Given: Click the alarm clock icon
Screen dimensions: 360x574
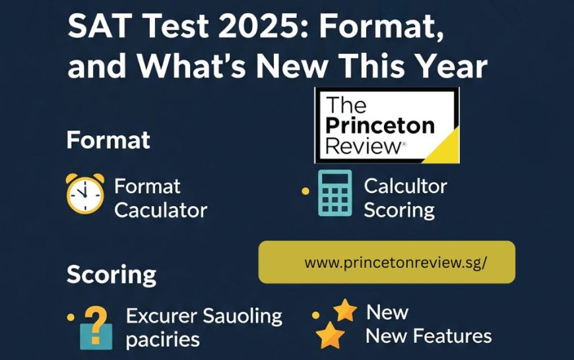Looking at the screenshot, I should point(85,193).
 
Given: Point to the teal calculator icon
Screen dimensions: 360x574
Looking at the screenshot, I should point(335,193).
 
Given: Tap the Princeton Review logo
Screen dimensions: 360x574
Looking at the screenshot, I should point(387,125).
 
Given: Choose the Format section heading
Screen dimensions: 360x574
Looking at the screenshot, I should point(108,140).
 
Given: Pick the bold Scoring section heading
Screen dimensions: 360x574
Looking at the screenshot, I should point(112,274).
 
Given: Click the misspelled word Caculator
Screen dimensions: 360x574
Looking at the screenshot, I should point(160,210).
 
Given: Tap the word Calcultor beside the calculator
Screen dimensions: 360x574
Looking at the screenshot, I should point(405,186).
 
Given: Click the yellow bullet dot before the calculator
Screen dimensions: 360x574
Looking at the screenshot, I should point(305,191).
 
